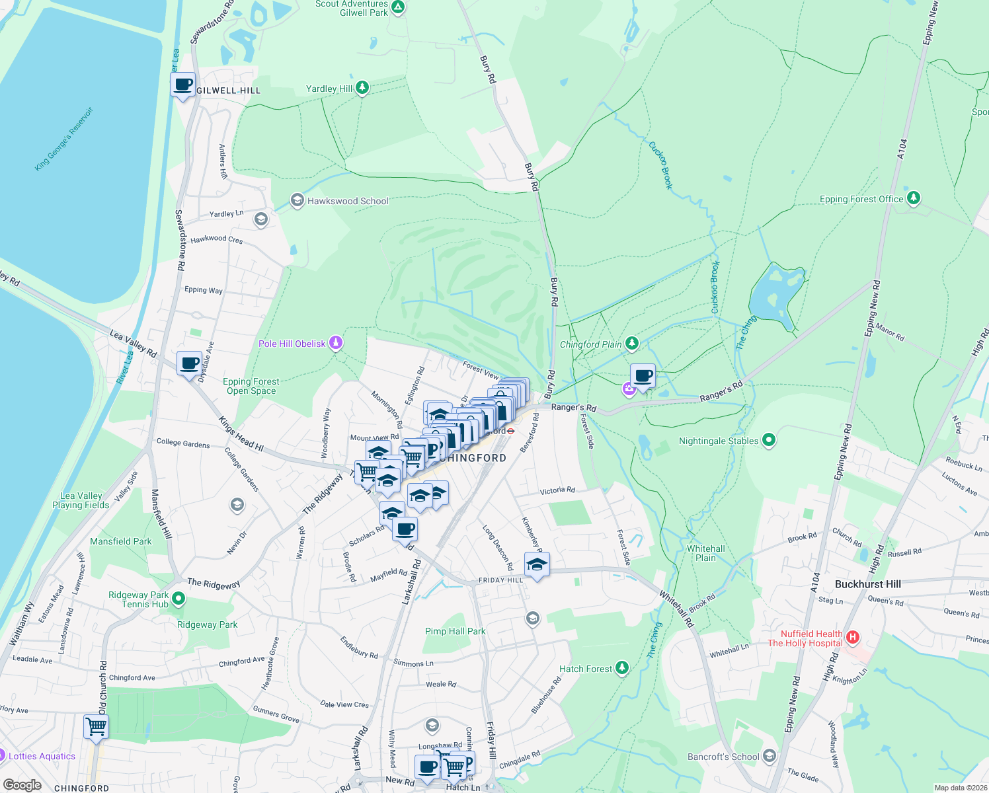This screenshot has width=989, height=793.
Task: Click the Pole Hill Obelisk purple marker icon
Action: pos(336,342)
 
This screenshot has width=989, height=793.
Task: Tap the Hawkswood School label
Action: pos(348,201)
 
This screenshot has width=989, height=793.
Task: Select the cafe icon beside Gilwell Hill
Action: pos(183,85)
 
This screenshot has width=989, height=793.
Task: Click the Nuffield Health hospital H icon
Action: pos(853,638)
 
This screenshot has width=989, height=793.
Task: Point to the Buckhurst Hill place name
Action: pos(867,584)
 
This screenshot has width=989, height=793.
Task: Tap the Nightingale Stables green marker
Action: pos(768,439)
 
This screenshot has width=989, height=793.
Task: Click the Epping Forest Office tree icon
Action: pos(914,198)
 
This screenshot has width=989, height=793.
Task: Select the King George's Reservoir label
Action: pos(64,139)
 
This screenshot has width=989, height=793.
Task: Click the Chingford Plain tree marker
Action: pos(633,343)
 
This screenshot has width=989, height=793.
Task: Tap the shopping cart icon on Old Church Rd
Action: pos(97,727)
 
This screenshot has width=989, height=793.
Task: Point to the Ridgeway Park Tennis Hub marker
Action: pos(178,599)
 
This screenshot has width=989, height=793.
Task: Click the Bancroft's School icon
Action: pos(769,755)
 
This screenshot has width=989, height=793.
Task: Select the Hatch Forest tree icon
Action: pos(621,668)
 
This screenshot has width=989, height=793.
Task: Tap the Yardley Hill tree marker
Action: pos(362,87)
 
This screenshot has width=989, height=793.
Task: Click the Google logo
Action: pos(22,785)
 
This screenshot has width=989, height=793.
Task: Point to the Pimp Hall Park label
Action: pos(455,631)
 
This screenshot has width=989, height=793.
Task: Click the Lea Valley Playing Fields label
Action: pos(81,500)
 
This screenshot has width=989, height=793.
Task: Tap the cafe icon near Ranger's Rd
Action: pos(643,377)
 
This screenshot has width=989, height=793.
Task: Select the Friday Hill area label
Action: pos(500,580)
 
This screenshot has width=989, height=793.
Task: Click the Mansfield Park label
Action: pos(120,541)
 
